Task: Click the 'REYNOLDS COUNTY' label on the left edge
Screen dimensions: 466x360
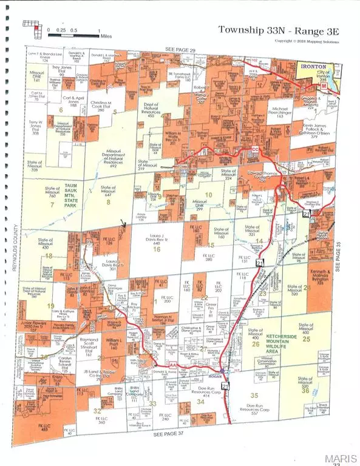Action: click(x=14, y=255)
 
